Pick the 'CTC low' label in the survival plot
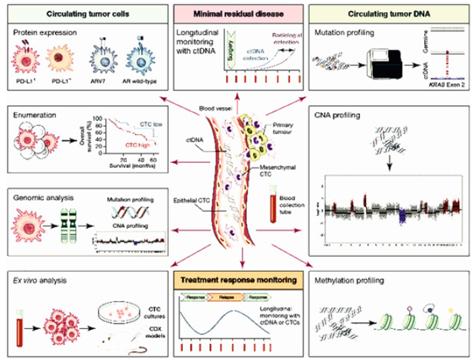point(150,125)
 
